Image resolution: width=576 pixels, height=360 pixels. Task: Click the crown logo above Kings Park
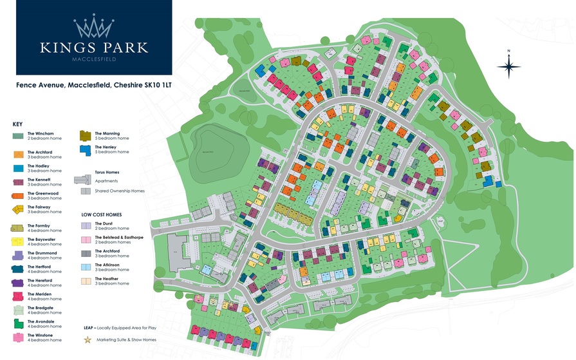(x=94, y=26)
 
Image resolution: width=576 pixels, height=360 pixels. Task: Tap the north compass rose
(x=508, y=65)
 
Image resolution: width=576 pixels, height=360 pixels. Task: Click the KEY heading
(x=17, y=124)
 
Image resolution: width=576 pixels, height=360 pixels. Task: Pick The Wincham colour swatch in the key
(x=18, y=136)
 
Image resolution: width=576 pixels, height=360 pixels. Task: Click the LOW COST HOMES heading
(x=101, y=214)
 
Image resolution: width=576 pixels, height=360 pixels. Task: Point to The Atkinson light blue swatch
(x=86, y=267)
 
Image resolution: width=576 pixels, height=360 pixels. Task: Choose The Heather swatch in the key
(x=86, y=281)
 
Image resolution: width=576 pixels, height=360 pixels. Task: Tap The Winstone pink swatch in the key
(x=18, y=337)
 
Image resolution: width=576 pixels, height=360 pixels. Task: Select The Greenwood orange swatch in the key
(x=18, y=195)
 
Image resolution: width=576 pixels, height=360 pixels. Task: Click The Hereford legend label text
(x=40, y=281)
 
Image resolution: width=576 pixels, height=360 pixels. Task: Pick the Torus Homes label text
(x=107, y=173)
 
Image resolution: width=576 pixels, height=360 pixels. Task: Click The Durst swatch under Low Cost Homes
(x=86, y=225)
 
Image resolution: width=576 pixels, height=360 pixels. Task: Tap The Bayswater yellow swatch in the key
(x=18, y=242)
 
